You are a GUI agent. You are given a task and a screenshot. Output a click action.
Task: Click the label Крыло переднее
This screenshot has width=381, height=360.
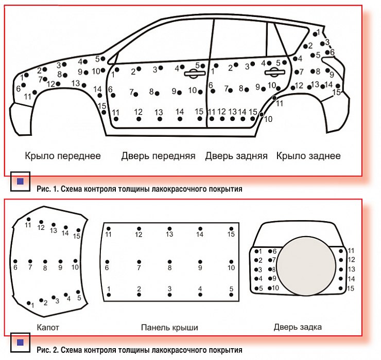[63, 155]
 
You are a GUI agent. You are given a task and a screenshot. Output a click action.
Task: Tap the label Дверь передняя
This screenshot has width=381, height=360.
[158, 155]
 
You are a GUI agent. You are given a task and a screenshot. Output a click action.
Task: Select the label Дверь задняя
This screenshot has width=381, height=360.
[236, 155]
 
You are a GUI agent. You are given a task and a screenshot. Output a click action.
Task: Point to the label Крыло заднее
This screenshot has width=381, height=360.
[308, 155]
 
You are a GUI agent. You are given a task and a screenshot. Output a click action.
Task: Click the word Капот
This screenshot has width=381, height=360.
[48, 327]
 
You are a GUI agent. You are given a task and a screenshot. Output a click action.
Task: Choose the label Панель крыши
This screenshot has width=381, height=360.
[169, 327]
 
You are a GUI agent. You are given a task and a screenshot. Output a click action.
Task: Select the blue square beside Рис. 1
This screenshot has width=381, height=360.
[20, 181]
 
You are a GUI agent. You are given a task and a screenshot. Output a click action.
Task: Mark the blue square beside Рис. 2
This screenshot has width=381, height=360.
[20, 341]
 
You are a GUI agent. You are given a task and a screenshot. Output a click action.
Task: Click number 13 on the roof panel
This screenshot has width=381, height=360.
[169, 235]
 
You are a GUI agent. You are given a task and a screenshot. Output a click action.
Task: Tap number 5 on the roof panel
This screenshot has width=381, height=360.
[231, 289]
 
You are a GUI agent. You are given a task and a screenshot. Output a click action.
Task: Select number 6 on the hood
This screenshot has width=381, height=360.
[15, 267]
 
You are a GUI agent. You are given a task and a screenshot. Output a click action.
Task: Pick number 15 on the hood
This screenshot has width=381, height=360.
[77, 237]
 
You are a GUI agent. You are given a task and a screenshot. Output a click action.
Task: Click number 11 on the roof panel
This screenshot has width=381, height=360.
[109, 235]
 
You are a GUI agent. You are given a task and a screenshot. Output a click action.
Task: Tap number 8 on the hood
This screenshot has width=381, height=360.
[45, 268]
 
